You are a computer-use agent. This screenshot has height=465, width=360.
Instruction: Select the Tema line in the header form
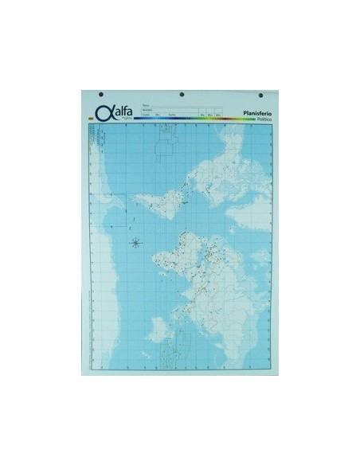[x=171, y=105]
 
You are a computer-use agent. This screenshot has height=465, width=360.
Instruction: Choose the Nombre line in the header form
[x=171, y=110]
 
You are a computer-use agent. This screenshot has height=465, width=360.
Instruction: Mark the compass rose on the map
[x=135, y=241]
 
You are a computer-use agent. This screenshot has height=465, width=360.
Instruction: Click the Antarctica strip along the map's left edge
[x=96, y=239]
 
